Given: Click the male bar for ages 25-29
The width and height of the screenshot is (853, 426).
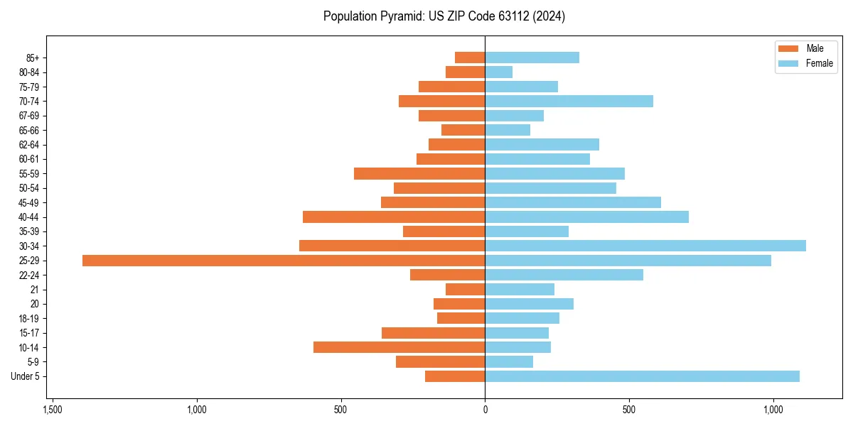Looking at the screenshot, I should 284,261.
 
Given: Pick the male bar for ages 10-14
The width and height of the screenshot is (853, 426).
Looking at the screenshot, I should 399,347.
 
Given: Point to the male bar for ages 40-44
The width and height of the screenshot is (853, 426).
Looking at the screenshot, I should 394,217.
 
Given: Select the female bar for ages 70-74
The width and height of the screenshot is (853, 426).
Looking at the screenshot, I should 569,101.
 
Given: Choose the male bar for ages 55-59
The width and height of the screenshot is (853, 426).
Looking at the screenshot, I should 419,173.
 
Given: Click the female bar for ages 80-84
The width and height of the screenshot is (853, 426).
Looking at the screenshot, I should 498,72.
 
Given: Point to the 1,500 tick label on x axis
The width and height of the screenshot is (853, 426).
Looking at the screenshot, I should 52,410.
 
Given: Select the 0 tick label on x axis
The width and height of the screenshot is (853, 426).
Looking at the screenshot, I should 485,410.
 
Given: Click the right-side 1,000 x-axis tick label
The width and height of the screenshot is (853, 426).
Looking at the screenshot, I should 773,410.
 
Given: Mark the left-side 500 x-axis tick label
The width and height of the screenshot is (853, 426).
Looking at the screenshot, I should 340,410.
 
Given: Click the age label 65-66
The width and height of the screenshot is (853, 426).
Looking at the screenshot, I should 28,130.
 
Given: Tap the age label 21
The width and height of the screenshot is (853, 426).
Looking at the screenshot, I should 34,290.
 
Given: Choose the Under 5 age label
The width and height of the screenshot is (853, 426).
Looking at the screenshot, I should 26,376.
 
